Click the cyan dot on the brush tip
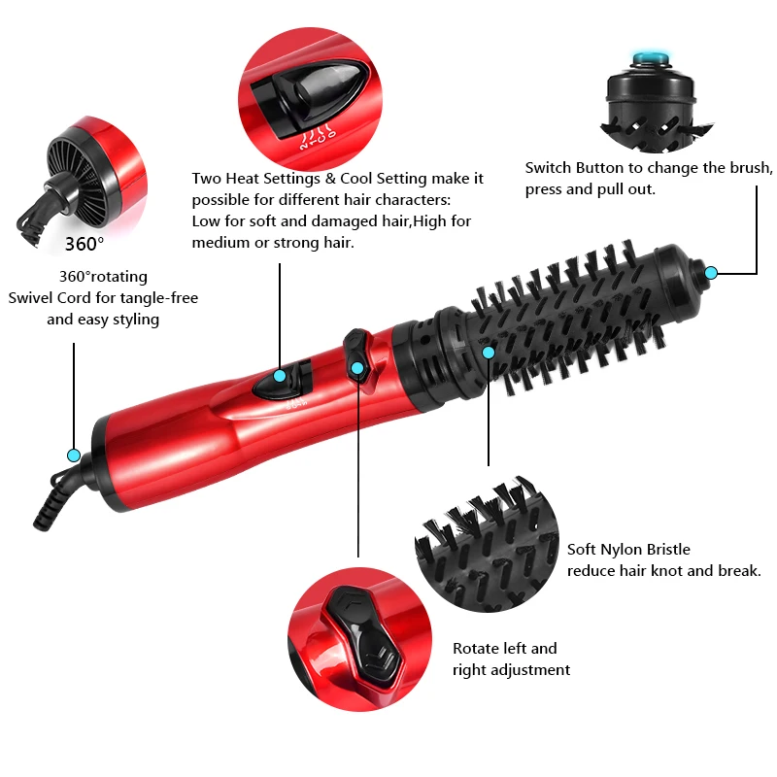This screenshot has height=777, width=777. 711,273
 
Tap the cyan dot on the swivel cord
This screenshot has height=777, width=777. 73,455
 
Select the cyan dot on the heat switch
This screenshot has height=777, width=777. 280,376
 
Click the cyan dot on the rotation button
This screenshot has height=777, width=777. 357,367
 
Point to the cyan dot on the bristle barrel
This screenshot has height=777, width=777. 489,352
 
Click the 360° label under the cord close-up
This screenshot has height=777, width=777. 84,243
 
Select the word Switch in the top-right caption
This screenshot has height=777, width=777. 548,168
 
